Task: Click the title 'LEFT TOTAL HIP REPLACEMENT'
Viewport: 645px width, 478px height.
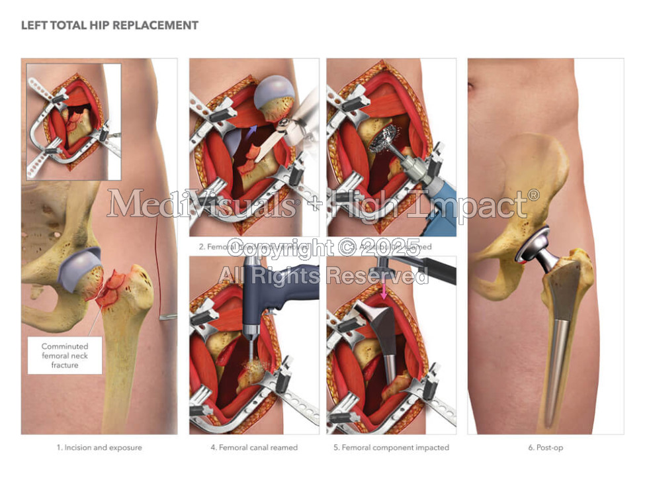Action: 110,26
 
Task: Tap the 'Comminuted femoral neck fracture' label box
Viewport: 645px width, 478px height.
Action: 65,356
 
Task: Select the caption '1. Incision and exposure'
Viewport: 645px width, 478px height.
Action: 99,448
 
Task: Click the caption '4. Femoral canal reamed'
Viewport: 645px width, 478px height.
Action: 254,448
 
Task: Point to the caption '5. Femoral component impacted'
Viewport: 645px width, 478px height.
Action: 391,448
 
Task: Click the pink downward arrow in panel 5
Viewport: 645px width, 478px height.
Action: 384,289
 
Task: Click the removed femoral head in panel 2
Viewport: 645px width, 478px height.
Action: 275,96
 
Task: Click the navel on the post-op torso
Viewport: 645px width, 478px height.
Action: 472,85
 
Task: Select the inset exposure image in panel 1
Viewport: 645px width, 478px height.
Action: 73,121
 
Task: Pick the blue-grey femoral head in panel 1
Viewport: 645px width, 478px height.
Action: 79,269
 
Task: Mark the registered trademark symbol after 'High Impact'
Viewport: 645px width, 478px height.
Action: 533,195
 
